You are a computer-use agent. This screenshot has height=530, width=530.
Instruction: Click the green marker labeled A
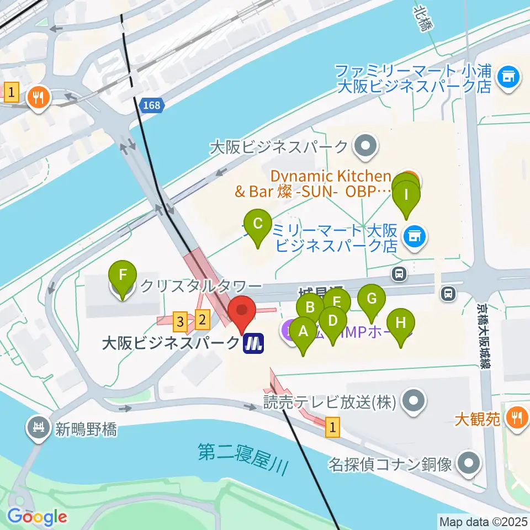pos(303,332)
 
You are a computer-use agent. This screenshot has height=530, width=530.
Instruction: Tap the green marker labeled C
pos(257,224)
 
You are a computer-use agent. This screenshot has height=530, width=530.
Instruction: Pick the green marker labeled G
pos(372,299)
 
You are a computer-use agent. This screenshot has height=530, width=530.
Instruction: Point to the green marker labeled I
pos(406,195)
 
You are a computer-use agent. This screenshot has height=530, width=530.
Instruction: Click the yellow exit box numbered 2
pos(203,319)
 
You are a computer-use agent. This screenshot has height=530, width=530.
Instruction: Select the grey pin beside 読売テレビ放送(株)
pos(413,401)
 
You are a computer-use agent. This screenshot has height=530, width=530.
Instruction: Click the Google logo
pos(38,517)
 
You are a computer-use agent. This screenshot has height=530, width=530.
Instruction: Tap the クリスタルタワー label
pos(200,286)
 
